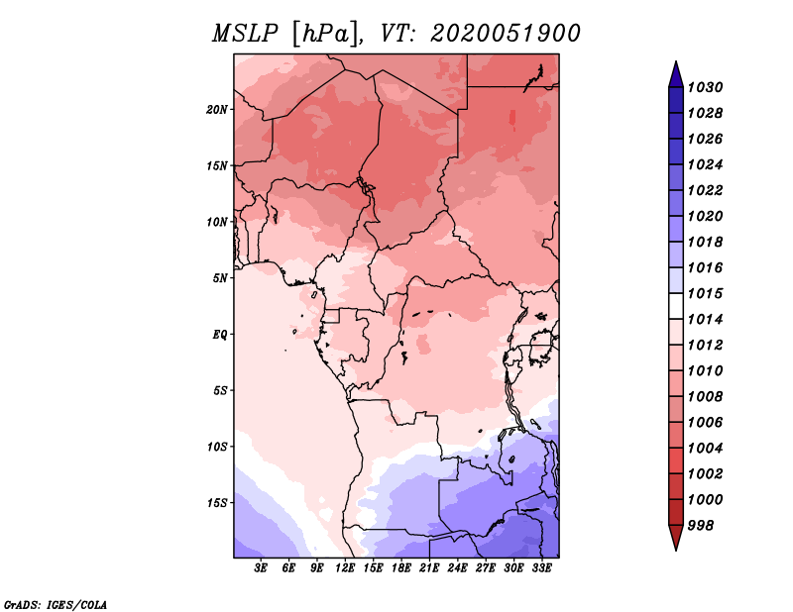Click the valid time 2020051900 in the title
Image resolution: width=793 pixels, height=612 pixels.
pyautogui.click(x=505, y=34)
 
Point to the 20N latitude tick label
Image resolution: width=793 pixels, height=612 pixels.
pyautogui.click(x=217, y=109)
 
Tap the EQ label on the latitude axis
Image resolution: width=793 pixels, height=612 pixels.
pyautogui.click(x=220, y=334)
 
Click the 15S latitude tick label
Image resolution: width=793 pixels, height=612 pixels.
pyautogui.click(x=217, y=502)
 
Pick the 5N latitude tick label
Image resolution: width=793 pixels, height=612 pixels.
pyautogui.click(x=220, y=277)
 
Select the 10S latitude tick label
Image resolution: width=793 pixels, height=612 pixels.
pyautogui.click(x=217, y=447)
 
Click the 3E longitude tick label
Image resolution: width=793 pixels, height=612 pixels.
pyautogui.click(x=262, y=568)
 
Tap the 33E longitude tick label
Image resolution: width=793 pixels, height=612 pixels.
pyautogui.click(x=541, y=568)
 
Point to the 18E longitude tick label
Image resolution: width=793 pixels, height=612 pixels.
pyautogui.click(x=401, y=568)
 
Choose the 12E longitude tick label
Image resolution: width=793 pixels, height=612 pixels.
pyautogui.click(x=346, y=568)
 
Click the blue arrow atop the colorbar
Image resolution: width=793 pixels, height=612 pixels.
pyautogui.click(x=675, y=73)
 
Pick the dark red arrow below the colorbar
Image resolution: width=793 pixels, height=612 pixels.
pyautogui.click(x=675, y=538)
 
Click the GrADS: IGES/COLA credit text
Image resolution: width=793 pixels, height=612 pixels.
pyautogui.click(x=55, y=603)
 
